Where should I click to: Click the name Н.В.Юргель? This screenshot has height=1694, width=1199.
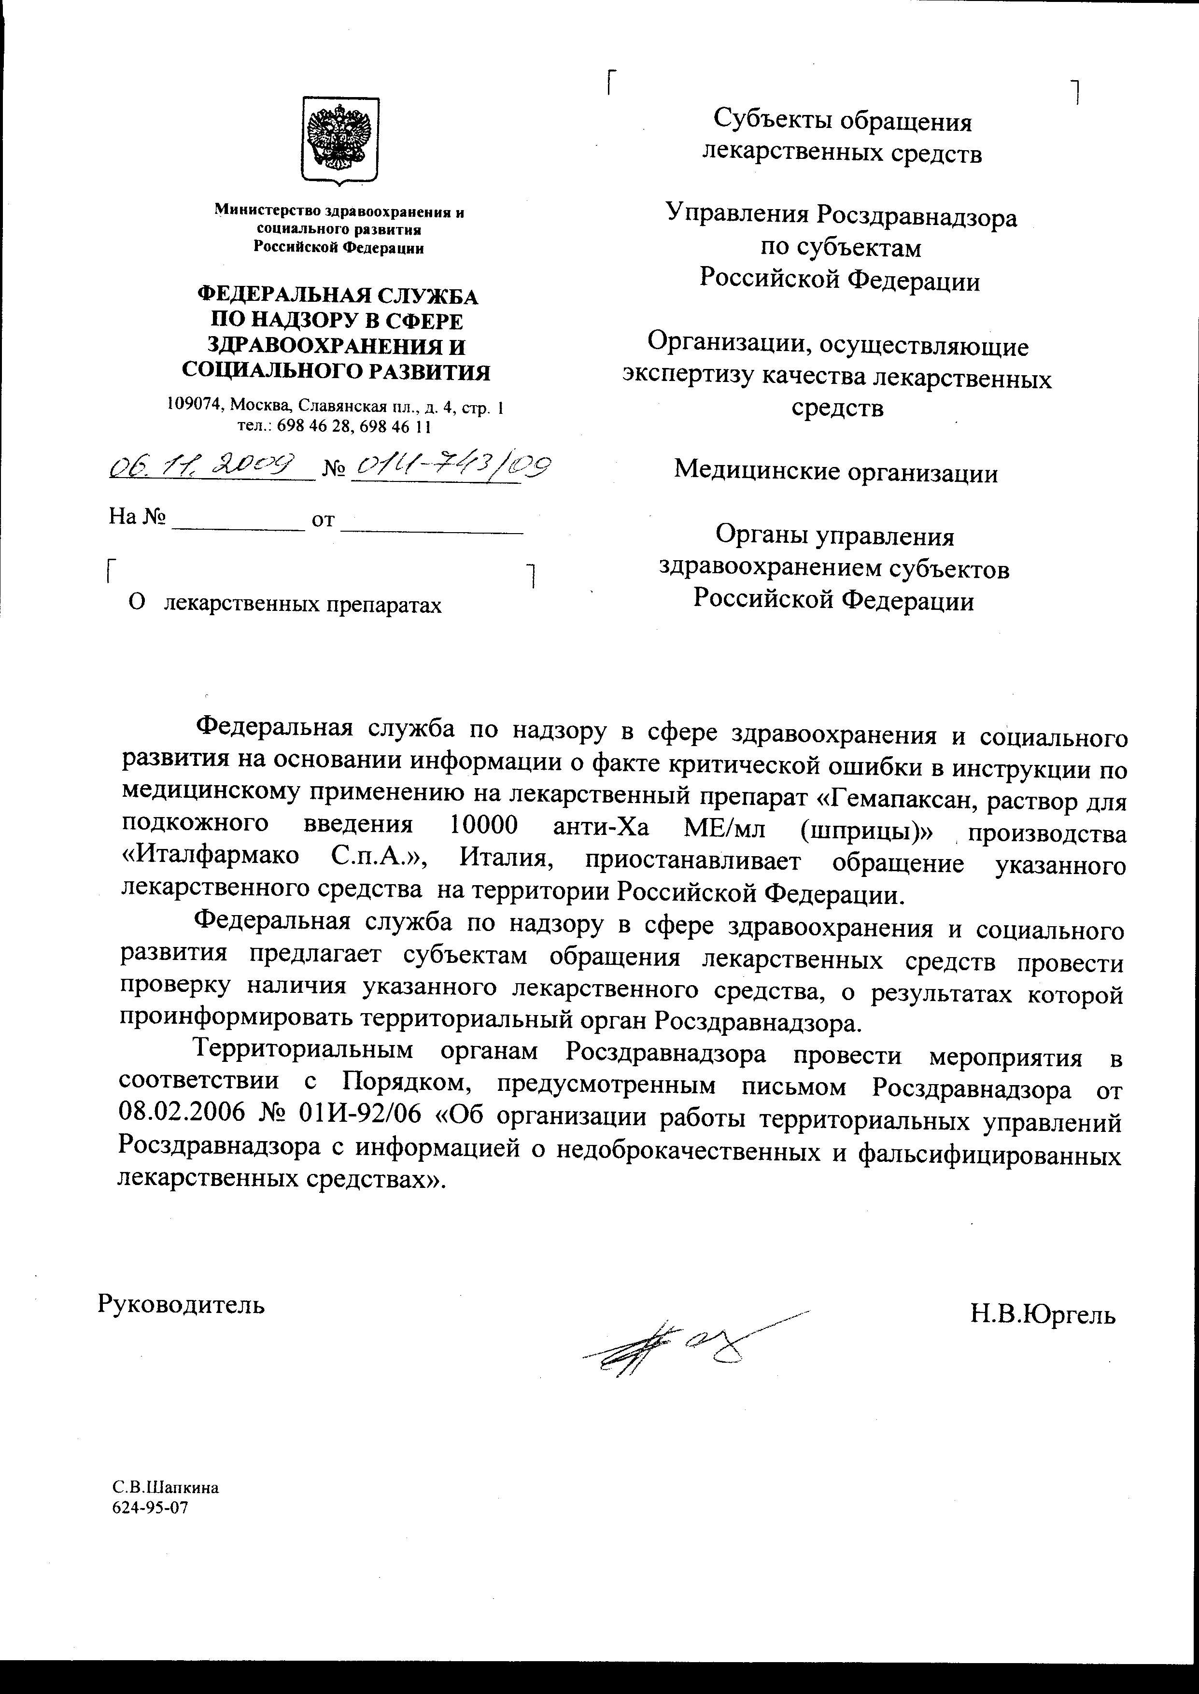click(x=1043, y=1314)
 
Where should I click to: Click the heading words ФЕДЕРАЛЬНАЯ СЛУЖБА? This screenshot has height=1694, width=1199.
click(x=338, y=296)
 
